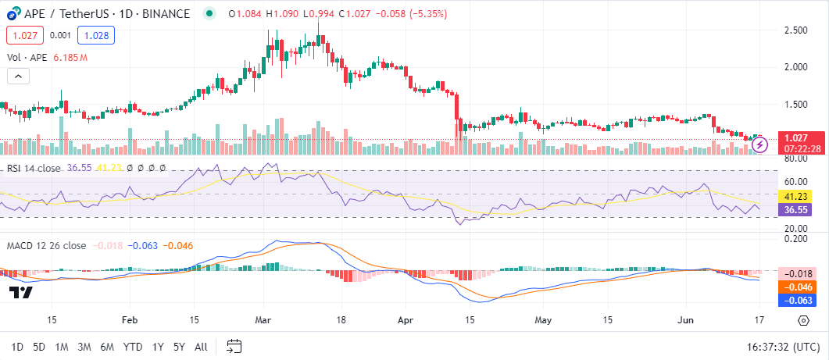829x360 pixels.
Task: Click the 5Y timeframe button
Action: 179,346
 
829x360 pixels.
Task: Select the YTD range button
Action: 133,346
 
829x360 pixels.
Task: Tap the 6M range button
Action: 107,346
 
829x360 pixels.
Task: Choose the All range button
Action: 201,346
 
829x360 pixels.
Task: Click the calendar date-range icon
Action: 234,346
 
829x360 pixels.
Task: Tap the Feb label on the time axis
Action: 130,320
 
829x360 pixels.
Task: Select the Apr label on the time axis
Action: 405,320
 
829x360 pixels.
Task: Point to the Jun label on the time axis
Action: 685,320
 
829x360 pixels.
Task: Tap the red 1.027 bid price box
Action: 24,35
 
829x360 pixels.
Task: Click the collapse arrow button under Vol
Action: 18,76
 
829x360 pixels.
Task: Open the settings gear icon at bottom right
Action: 803,320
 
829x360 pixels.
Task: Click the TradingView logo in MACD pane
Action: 21,292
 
